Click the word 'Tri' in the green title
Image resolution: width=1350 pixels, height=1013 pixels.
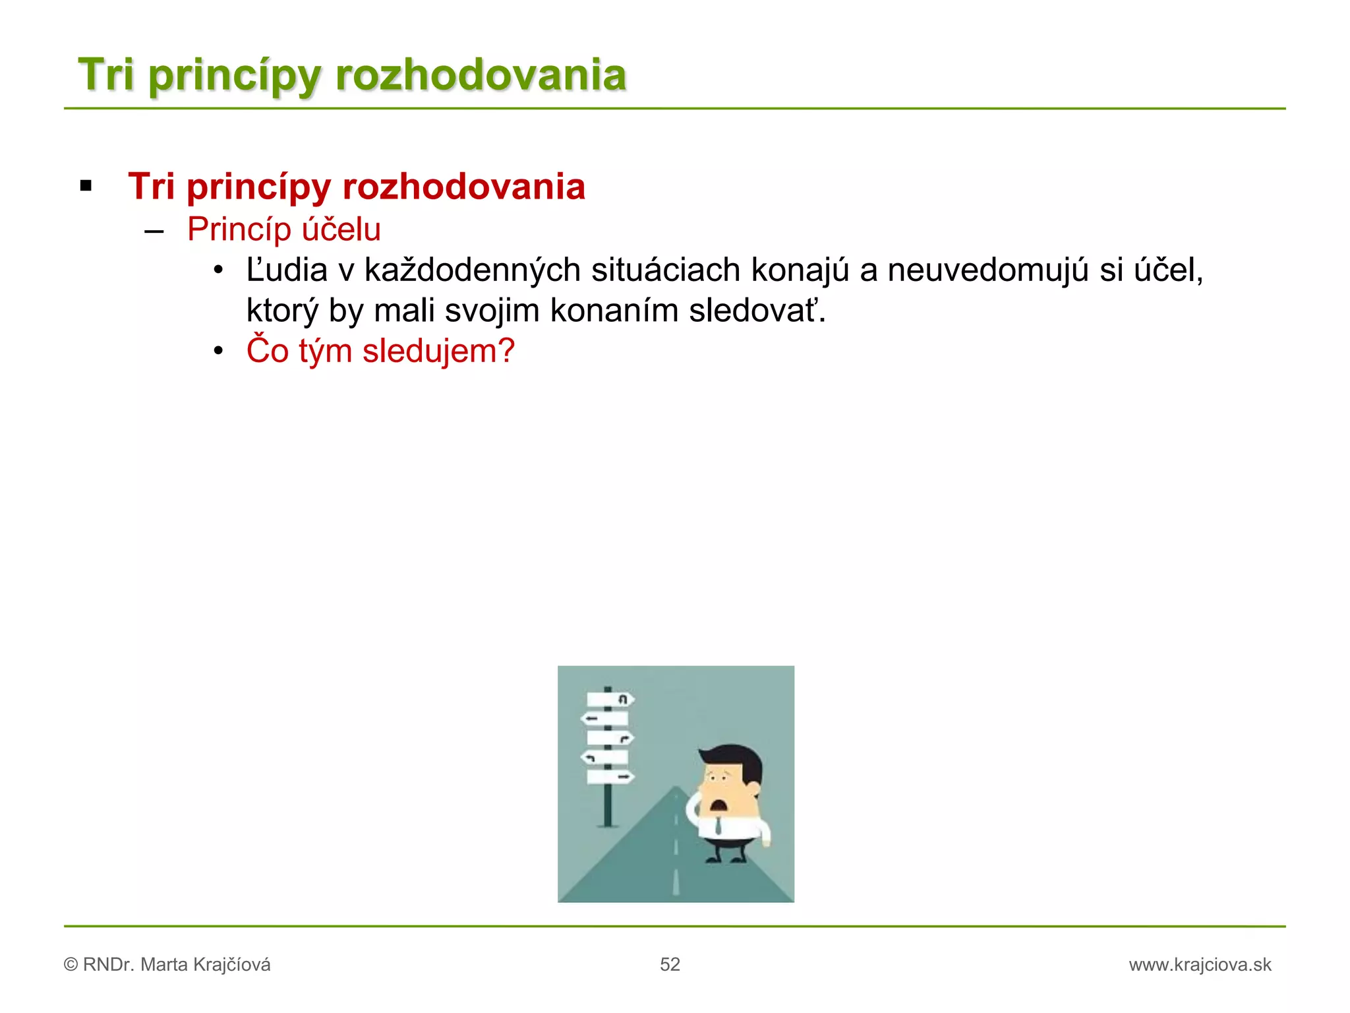(105, 74)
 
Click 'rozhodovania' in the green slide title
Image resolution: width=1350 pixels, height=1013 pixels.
(481, 74)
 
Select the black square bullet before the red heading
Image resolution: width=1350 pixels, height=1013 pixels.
(86, 186)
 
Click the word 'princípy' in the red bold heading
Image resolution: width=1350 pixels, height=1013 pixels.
(258, 187)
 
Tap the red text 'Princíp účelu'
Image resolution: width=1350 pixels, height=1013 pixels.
(284, 230)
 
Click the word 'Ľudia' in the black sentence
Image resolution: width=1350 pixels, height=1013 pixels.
(287, 270)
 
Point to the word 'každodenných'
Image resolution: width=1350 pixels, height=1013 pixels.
(472, 270)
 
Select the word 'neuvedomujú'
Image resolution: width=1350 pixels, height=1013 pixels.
(987, 270)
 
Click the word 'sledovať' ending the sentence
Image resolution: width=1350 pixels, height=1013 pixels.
(755, 311)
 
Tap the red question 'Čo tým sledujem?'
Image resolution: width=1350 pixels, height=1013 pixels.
(380, 351)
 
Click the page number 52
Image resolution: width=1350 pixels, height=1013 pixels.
(670, 964)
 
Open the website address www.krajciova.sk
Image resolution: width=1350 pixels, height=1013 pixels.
(1200, 964)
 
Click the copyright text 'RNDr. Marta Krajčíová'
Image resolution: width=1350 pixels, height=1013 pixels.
(176, 964)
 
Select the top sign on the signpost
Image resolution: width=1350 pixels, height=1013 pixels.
(610, 698)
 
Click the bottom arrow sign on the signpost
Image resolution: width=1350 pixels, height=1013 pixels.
(610, 778)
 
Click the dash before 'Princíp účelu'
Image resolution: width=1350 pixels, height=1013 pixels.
(154, 231)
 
